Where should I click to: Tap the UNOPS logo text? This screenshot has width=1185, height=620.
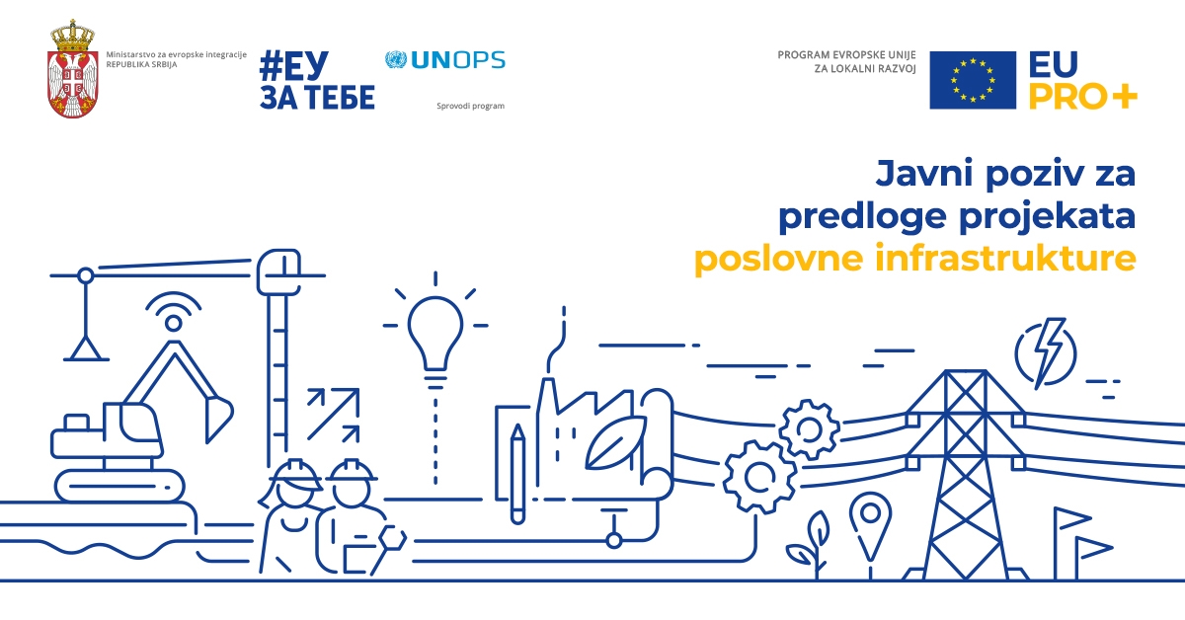click(x=458, y=60)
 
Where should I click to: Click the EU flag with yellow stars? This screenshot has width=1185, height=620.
click(x=973, y=80)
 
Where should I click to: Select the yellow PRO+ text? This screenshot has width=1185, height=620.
click(x=1082, y=96)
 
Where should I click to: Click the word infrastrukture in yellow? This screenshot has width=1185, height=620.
click(x=1005, y=258)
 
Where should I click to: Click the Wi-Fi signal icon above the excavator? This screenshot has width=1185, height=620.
click(x=174, y=312)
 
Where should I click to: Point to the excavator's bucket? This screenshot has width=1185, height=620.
click(x=218, y=420)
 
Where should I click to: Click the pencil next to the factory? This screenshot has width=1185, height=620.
click(x=517, y=474)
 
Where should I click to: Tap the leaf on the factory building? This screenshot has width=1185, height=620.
click(x=615, y=442)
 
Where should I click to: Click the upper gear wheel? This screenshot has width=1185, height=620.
click(x=809, y=429)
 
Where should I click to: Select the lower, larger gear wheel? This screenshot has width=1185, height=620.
click(x=759, y=477)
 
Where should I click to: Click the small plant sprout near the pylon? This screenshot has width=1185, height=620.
click(x=810, y=545)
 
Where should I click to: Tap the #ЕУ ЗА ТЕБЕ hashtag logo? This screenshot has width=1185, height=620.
click(x=317, y=80)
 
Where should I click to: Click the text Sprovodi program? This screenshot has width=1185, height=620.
click(x=470, y=106)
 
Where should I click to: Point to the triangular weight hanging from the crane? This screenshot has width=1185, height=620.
click(x=86, y=349)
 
